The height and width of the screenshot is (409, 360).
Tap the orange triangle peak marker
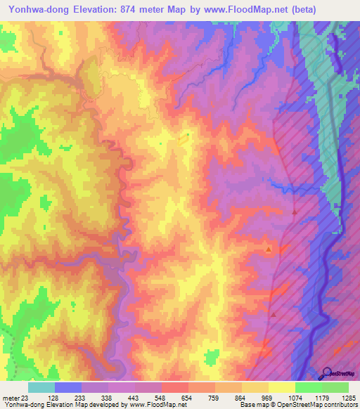pos(269,249)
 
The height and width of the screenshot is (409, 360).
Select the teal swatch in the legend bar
pos(41,388)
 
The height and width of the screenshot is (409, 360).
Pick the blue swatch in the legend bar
pos(67,388)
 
